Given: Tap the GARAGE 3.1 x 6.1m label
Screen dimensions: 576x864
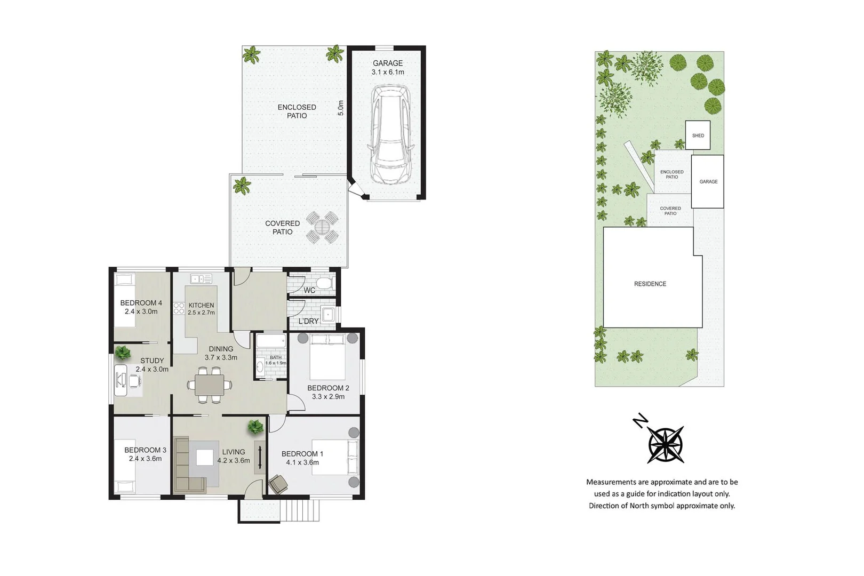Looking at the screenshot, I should click(388, 67).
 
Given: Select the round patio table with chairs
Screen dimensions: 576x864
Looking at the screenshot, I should click(323, 228).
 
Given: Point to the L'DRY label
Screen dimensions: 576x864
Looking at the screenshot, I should click(308, 321).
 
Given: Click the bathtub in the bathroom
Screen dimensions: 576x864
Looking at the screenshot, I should click(270, 342).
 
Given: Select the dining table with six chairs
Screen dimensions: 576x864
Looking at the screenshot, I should click(210, 385).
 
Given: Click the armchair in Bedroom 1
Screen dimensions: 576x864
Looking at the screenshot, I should click(278, 484).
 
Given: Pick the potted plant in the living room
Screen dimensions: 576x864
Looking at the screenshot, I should click(255, 427).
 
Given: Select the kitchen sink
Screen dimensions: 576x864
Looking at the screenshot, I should click(201, 279).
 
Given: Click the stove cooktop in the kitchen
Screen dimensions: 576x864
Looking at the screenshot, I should click(179, 308).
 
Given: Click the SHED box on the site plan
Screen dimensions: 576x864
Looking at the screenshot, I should click(698, 135).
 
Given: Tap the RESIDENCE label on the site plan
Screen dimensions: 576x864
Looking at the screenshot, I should click(650, 284).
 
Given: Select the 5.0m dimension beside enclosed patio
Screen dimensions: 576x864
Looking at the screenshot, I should click(341, 108).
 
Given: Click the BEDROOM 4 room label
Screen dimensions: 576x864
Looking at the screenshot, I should click(141, 307).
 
